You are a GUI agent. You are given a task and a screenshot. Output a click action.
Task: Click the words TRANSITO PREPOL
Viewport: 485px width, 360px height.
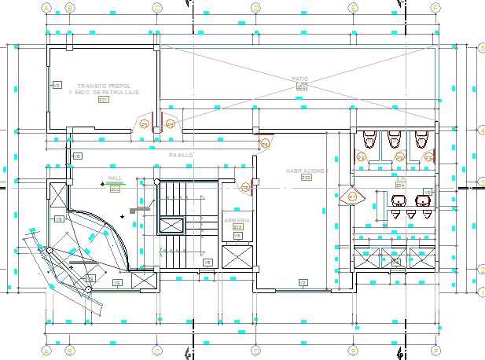[x=103, y=84]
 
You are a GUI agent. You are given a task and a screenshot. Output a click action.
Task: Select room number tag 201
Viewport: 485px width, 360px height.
[x=103, y=100]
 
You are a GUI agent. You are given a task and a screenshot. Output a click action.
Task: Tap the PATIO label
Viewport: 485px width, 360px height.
[x=301, y=79]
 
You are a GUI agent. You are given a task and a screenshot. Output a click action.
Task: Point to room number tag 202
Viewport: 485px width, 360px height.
[x=301, y=87]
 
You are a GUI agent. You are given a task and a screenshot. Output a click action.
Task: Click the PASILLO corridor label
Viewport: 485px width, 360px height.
[x=180, y=156]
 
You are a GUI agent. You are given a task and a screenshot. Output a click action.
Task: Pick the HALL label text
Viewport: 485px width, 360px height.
[x=115, y=178]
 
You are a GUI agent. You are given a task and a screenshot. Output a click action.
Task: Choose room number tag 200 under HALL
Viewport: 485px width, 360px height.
[x=115, y=189]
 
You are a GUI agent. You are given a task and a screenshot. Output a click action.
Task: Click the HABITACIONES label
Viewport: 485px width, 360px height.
[x=306, y=171]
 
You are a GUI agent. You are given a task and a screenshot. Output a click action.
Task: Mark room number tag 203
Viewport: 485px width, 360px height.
[x=306, y=178]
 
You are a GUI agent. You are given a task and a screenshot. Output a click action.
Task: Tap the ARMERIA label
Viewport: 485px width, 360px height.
[x=237, y=221]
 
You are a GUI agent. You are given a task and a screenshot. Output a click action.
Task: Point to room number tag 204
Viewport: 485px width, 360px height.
[x=400, y=186]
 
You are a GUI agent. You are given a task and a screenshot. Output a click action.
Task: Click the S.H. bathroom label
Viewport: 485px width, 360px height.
[x=400, y=179]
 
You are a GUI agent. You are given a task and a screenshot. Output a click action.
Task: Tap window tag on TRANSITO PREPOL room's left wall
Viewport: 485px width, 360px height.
[x=57, y=84]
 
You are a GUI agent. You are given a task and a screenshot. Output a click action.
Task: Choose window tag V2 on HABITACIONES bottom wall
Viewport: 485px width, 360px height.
[x=302, y=282]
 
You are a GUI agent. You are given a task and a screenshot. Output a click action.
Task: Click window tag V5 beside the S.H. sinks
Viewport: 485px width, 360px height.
[x=428, y=192]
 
